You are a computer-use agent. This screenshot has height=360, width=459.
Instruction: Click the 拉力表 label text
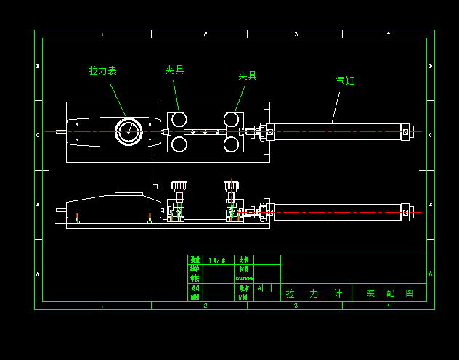[102, 71]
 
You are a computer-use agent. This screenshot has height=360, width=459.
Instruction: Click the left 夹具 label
[174, 70]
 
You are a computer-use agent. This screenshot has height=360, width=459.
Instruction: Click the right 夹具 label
[248, 75]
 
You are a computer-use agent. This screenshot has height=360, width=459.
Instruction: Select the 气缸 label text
[345, 81]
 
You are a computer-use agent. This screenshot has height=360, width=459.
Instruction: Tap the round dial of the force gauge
[129, 132]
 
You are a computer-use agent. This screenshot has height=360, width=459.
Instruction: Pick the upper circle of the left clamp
[179, 119]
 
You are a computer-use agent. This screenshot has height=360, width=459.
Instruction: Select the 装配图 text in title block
[389, 293]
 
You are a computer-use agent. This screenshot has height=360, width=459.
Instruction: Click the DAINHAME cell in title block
[245, 278]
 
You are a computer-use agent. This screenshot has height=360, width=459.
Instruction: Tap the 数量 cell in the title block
[195, 260]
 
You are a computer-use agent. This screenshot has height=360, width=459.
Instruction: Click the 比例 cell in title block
[244, 260]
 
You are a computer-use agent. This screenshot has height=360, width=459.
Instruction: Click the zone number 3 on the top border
[296, 34]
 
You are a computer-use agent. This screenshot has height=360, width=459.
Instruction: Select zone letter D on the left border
[38, 66]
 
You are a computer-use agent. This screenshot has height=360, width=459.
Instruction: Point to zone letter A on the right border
[431, 274]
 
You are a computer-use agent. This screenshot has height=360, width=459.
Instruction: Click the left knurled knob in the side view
[179, 186]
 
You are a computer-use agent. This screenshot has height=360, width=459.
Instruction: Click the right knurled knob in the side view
[231, 186]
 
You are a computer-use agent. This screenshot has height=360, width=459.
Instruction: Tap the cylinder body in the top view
[338, 132]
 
